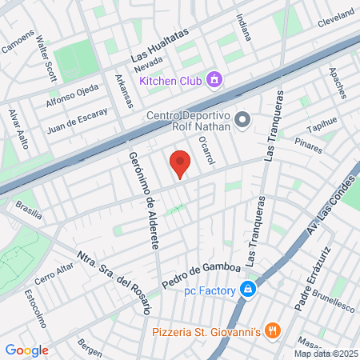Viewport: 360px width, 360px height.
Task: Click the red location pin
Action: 180,162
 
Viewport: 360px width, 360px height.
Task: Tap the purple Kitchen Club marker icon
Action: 214,79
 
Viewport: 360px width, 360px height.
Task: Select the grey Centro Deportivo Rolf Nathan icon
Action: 245,120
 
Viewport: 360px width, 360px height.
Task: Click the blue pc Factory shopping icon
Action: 249,289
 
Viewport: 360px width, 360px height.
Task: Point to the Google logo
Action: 26,350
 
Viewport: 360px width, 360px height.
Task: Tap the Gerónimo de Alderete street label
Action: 142,200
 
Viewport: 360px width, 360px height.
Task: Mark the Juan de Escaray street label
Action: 77,119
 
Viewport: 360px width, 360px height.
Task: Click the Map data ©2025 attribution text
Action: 326,353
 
